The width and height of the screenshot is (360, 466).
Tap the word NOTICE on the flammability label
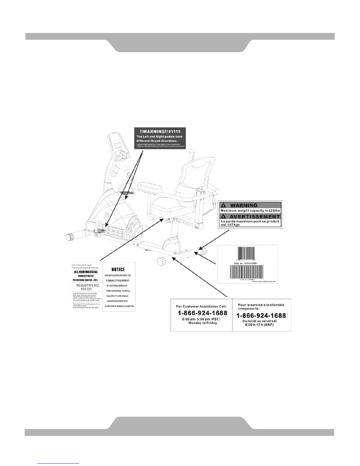point(118,269)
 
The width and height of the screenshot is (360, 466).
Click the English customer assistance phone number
point(202,313)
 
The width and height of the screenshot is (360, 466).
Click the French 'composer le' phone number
point(261,315)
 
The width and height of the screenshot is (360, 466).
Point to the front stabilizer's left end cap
point(71,237)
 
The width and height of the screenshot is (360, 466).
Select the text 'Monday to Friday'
point(203,323)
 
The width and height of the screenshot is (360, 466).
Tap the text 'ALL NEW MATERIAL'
point(86,272)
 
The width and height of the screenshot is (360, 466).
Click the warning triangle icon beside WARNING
point(224,205)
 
